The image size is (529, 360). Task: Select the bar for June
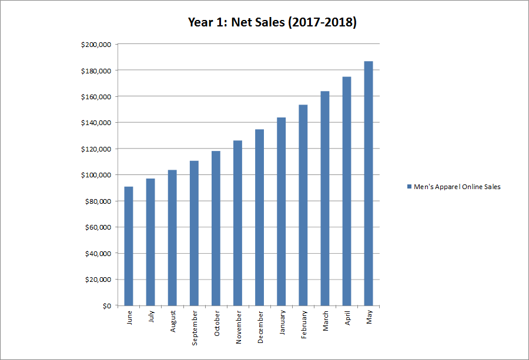129,246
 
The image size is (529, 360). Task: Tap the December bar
259,217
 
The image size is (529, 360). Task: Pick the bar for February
303,205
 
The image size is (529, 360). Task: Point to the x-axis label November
238,327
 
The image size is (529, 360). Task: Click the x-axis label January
282,324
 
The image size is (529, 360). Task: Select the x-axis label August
173,322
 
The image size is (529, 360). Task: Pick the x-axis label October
216,324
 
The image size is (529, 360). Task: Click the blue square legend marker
410,187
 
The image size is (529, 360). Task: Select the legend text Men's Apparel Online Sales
457,187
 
